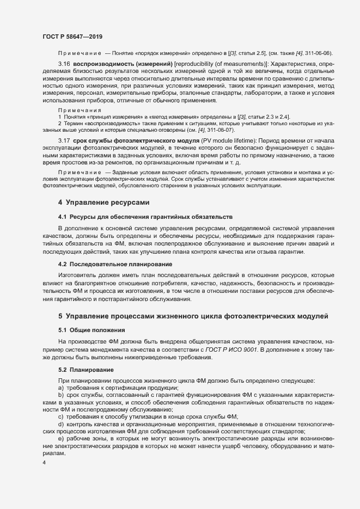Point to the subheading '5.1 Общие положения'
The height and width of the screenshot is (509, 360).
point(91,330)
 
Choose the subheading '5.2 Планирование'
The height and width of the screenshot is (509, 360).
point(86,370)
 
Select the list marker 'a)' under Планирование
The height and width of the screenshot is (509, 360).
point(60,387)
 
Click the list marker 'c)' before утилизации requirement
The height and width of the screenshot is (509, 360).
point(60,416)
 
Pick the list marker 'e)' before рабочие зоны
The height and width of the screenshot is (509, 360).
point(60,438)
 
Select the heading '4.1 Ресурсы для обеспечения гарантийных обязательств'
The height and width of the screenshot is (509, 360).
point(145,217)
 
